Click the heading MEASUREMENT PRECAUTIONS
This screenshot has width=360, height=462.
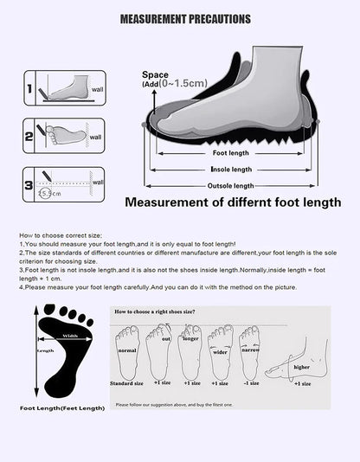click(185, 17)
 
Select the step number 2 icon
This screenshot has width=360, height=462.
click(29, 136)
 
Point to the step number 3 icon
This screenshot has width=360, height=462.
click(29, 184)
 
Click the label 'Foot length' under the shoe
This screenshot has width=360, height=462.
click(231, 153)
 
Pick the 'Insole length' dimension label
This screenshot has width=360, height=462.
click(231, 170)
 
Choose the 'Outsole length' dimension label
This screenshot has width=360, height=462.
click(231, 186)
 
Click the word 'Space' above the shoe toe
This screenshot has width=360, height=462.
click(155, 74)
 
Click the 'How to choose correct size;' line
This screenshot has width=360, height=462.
click(55, 235)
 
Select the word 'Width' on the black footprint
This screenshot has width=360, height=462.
click(68, 336)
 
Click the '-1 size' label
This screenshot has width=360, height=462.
click(252, 382)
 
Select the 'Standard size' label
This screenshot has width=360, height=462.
click(127, 382)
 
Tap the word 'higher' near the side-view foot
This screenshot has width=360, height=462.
click(302, 367)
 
